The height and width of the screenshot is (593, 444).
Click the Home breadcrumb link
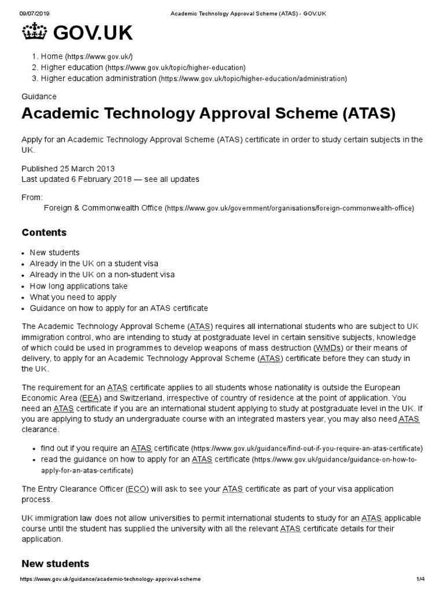pos(51,56)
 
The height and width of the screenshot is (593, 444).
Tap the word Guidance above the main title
pos(39,97)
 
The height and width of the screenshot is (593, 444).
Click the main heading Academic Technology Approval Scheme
pos(208,114)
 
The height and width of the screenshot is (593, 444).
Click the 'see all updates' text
pos(172,180)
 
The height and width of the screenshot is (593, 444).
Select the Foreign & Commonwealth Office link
pos(103,208)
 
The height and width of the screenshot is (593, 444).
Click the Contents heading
pos(44,233)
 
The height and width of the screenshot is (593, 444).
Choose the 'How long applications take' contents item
pos(79,286)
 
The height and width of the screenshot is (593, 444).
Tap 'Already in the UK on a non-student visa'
pos(102,275)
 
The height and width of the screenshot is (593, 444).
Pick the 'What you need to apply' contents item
pos(73,297)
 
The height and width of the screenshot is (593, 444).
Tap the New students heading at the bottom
pos(55,563)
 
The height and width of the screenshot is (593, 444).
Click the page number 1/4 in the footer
pos(420,580)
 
